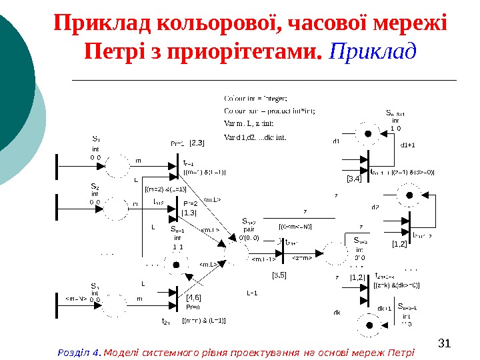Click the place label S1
coord(96,139)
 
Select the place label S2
coord(95,186)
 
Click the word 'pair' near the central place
coord(249,228)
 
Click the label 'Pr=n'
coord(193,307)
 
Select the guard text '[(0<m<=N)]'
coord(295,227)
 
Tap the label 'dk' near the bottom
coord(337,312)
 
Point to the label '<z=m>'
coord(301,258)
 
